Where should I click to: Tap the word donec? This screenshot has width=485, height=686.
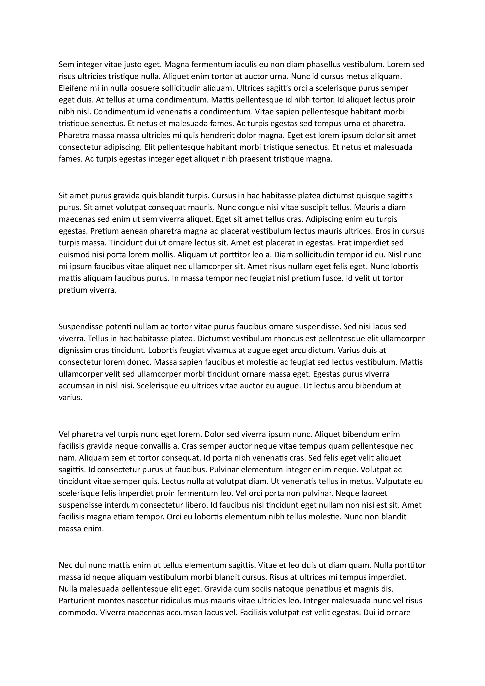coord(138,362)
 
